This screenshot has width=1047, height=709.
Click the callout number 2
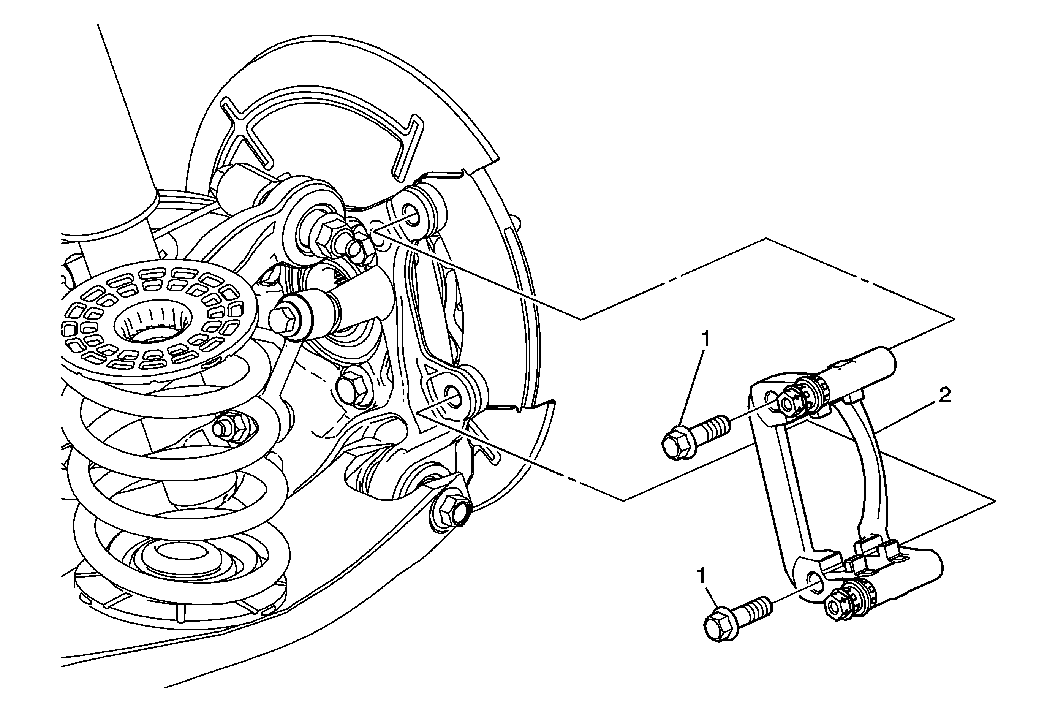(944, 396)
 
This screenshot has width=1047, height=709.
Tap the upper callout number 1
(706, 339)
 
